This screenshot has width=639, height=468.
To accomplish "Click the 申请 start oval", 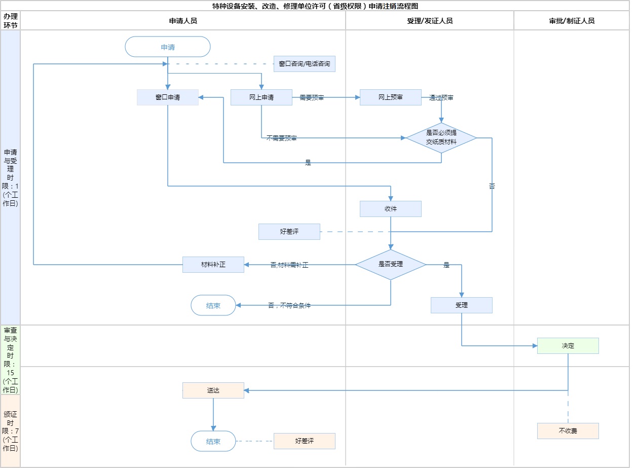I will click(x=168, y=47).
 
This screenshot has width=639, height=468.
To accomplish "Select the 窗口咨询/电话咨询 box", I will click(x=304, y=64).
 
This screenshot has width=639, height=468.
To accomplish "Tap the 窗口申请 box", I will click(x=168, y=97).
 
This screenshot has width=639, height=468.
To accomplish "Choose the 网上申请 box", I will click(x=261, y=97).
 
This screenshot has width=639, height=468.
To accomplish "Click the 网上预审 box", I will click(x=391, y=97).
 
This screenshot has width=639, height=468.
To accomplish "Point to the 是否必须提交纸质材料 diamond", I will click(x=441, y=138).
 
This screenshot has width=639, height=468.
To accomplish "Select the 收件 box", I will click(x=391, y=209).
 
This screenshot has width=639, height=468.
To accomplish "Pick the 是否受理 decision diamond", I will click(x=391, y=264).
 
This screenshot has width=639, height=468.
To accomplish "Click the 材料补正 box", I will click(x=213, y=265).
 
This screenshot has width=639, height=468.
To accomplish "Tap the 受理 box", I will click(x=462, y=305).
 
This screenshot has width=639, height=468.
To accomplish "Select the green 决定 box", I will click(x=568, y=346).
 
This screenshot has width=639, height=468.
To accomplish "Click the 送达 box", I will click(x=213, y=390).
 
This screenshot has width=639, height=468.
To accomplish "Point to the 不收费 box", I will click(x=568, y=431).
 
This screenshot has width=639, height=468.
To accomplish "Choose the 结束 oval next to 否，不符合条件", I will click(x=213, y=305).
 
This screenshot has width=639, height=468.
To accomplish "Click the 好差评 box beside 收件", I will click(x=289, y=232).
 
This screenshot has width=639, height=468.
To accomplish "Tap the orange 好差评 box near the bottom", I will click(x=305, y=441).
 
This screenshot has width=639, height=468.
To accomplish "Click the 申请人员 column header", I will click(x=183, y=21).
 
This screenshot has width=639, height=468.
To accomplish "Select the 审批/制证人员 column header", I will click(x=572, y=21).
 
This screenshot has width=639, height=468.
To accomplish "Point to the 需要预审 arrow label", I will click(x=312, y=97).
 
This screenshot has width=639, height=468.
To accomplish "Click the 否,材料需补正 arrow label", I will click(x=289, y=265).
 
